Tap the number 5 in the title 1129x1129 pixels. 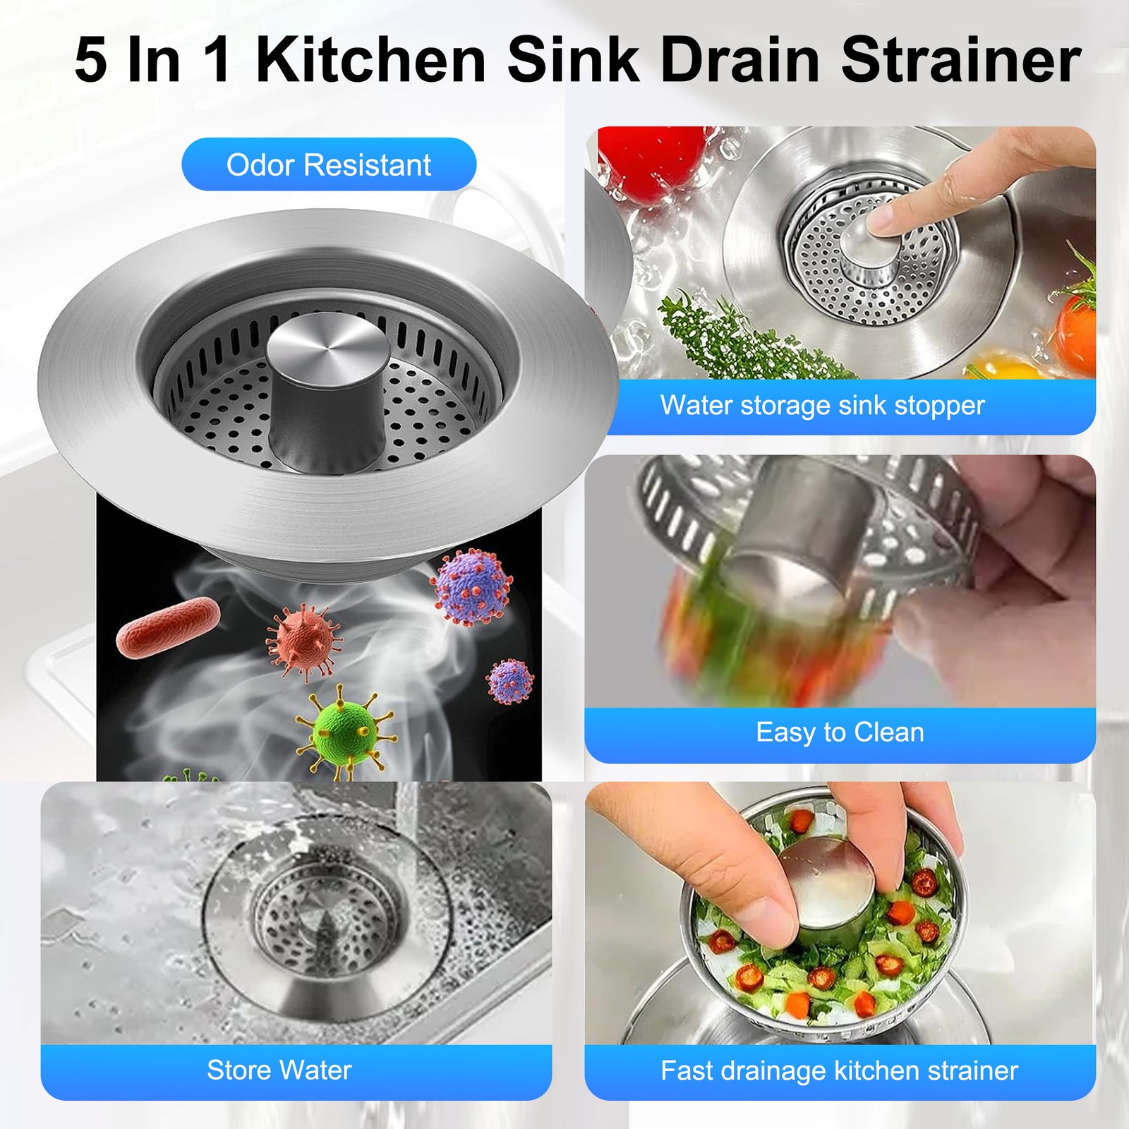pos(91,61)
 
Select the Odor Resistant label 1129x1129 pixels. pos(329,165)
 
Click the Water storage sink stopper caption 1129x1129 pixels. pos(822,405)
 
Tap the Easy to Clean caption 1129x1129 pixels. pos(840,732)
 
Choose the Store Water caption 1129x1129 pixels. pos(279,1070)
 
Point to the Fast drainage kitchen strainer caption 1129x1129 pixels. pos(839,1070)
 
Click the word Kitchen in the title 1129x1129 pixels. pos(371,60)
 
